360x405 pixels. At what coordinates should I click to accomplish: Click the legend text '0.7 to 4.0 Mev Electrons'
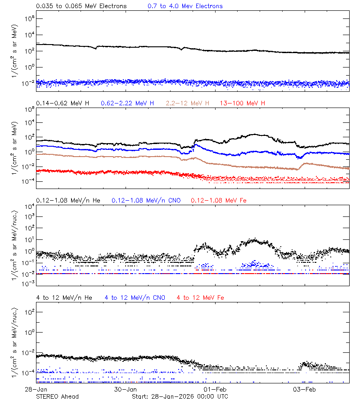coord(185,6)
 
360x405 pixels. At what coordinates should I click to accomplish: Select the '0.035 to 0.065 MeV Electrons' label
coord(81,6)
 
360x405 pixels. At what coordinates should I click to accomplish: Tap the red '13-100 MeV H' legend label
coord(243,103)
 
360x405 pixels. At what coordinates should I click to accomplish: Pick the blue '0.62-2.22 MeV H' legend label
coord(127,103)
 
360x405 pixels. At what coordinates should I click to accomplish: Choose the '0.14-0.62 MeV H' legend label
coord(63,103)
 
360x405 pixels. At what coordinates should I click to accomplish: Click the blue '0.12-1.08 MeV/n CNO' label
coord(146,200)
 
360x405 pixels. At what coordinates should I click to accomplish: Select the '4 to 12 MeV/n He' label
coord(64,297)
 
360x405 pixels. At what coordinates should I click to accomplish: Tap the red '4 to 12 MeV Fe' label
coord(200,297)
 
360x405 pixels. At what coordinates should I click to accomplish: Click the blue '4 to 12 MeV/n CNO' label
coord(135,297)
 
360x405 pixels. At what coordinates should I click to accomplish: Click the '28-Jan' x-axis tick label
coord(36,389)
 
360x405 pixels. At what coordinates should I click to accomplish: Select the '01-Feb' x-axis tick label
coord(215,389)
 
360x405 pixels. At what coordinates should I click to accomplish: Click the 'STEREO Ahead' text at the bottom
coord(57,396)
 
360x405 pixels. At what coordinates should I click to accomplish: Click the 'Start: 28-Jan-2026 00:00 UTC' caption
coord(180,396)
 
